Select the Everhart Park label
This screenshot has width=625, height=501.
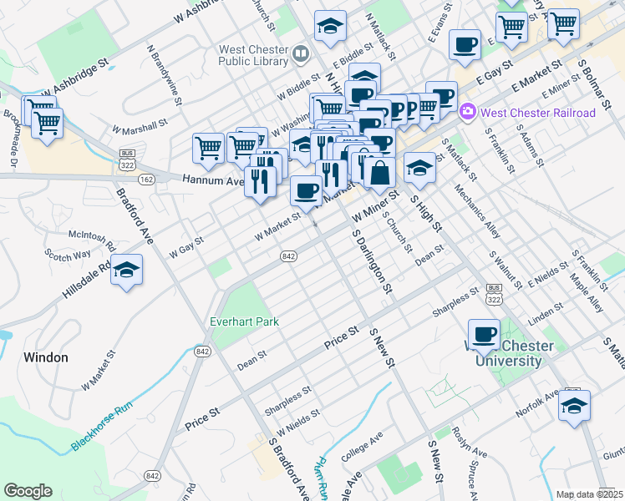(x=245, y=321)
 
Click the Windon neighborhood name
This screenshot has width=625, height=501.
(x=46, y=357)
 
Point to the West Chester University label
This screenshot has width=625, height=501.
(x=508, y=353)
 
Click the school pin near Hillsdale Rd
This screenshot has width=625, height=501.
(x=126, y=271)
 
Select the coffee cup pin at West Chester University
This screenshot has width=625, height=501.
(x=484, y=335)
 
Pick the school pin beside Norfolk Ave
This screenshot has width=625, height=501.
(x=574, y=406)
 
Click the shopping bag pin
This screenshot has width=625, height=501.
(x=379, y=173)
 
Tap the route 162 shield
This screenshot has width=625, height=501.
(x=147, y=180)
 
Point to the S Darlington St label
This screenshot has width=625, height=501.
(x=372, y=261)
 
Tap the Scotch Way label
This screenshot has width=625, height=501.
(x=68, y=255)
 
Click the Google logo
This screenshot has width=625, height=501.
(x=28, y=491)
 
